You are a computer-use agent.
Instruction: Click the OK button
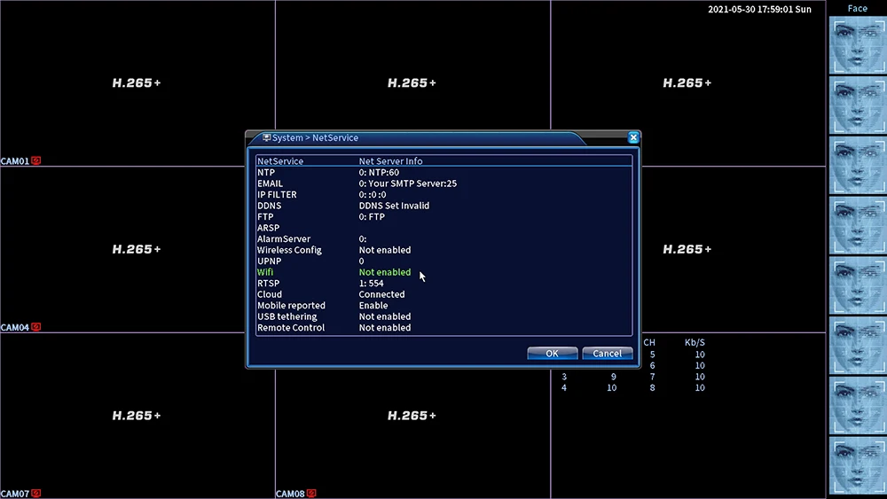pos(552,353)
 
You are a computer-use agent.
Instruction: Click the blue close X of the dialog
pos(633,137)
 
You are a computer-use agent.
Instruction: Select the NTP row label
pos(266,172)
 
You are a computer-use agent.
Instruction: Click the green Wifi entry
pos(264,272)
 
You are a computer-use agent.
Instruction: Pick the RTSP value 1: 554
pos(371,283)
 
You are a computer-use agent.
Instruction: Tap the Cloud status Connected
pos(381,294)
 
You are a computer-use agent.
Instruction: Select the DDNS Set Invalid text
pos(395,206)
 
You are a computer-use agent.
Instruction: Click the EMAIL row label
pos(270,183)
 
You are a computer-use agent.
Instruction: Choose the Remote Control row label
pos(291,328)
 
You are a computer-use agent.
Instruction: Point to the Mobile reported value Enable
pos(373,305)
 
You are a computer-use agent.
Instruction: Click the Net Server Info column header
pos(390,161)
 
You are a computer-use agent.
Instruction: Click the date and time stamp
pos(760,9)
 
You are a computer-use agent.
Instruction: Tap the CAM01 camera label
pos(15,161)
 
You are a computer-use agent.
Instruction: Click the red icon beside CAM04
pos(36,327)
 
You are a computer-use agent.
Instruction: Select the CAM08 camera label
pos(290,494)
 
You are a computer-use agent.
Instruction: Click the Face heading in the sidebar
pos(858,9)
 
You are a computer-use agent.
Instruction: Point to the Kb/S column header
pos(695,342)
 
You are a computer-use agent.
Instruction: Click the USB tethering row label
pos(287,316)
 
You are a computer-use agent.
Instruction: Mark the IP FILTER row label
pos(277,194)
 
